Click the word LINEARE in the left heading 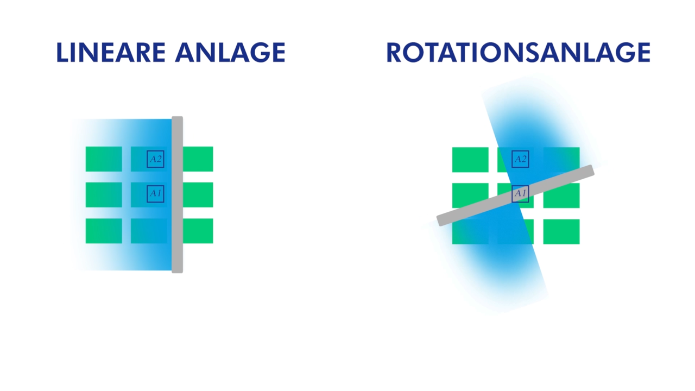[x=110, y=53]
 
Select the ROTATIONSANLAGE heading [x=518, y=53]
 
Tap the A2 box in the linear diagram [x=155, y=159]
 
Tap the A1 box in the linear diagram [x=155, y=193]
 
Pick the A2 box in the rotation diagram [x=520, y=159]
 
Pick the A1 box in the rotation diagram [x=520, y=193]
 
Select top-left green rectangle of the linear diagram [x=104, y=159]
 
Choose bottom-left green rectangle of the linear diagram [x=104, y=231]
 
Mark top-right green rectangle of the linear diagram [x=198, y=159]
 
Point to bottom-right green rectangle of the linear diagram [x=198, y=231]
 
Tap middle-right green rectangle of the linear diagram [x=198, y=194]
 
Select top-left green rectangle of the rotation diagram [x=470, y=159]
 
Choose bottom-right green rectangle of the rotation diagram [x=561, y=231]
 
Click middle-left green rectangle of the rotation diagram [x=470, y=194]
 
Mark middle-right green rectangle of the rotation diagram [x=561, y=198]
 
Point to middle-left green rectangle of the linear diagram [x=104, y=194]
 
